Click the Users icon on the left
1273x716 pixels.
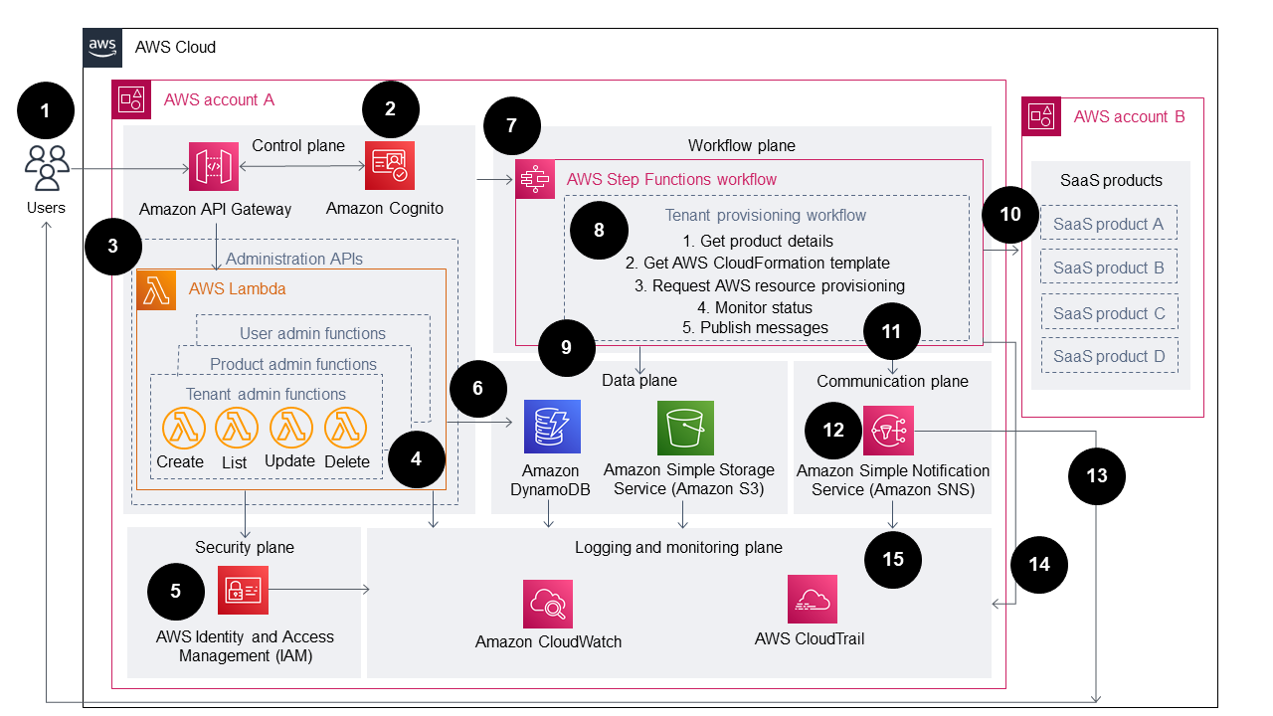click(46, 167)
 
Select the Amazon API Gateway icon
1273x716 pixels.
click(216, 167)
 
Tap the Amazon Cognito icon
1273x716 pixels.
click(390, 166)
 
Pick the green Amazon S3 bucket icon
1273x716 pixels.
click(685, 429)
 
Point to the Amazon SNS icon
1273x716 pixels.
click(888, 431)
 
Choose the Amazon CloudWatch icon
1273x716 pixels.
click(548, 604)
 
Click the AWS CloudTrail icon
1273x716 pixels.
click(812, 600)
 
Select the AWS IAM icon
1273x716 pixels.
click(243, 591)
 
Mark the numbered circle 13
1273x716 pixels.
click(1096, 476)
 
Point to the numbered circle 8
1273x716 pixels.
click(599, 230)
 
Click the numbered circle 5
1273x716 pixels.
click(176, 591)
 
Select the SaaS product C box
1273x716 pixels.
click(1108, 312)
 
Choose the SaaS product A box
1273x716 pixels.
click(1108, 224)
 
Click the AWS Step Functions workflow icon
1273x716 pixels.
click(536, 180)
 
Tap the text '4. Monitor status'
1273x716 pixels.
click(755, 307)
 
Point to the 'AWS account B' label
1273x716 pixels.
click(1129, 117)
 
